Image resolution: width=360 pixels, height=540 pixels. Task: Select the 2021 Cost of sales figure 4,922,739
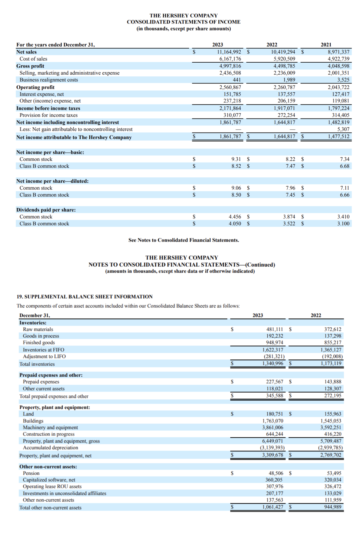338,59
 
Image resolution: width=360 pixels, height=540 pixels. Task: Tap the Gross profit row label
30,66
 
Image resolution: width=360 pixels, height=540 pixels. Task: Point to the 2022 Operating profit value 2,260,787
284,87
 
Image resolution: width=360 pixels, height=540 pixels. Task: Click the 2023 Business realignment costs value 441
237,80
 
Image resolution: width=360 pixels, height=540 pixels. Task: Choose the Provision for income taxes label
48,115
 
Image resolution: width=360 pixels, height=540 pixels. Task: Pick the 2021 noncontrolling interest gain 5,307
343,129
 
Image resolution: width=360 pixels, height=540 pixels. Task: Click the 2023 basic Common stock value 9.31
236,159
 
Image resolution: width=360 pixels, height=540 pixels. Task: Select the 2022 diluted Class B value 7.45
290,195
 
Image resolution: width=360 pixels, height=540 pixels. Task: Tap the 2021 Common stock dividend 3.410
343,217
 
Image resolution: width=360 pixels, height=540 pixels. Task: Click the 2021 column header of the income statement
326,45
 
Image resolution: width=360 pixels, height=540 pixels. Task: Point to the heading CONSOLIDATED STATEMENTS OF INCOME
184,22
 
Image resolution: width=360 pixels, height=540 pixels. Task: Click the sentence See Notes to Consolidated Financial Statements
184,240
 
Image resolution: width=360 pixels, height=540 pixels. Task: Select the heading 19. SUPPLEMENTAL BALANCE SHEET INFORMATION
85,297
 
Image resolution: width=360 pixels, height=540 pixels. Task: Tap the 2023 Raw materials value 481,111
275,329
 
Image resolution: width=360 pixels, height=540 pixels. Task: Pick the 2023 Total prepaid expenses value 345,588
275,396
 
